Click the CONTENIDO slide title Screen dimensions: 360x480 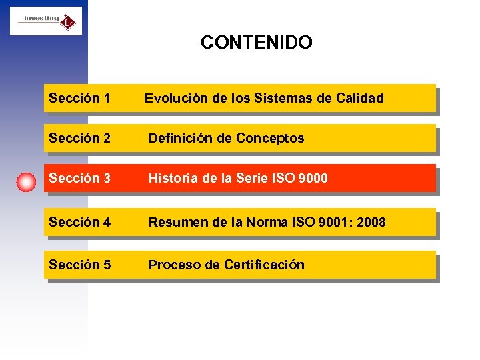tap(256, 43)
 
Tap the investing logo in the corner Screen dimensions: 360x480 tap(46, 21)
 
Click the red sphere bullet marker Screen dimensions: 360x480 tap(26, 181)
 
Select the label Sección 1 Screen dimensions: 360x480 tap(79, 98)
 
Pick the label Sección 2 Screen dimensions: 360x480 tap(79, 138)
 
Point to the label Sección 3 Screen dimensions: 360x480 tap(79, 179)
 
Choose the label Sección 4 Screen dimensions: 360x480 tap(79, 222)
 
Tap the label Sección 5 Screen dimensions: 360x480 tap(79, 265)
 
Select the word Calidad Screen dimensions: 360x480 tap(359, 98)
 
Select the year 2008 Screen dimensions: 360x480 tap(371, 222)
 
